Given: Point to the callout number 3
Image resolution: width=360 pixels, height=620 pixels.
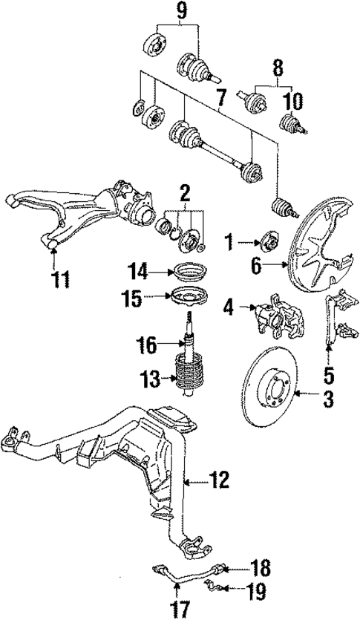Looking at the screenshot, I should click(x=326, y=402).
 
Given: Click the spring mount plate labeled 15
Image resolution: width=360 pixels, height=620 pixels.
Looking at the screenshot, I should click(x=185, y=298).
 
